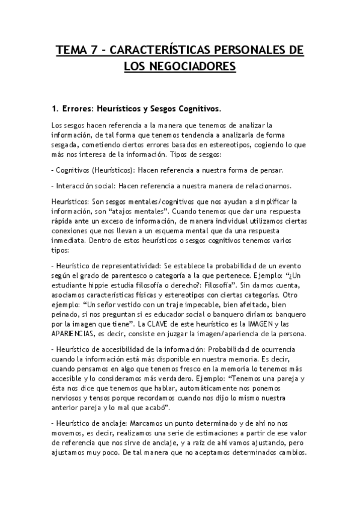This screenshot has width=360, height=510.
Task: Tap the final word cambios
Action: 290,453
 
